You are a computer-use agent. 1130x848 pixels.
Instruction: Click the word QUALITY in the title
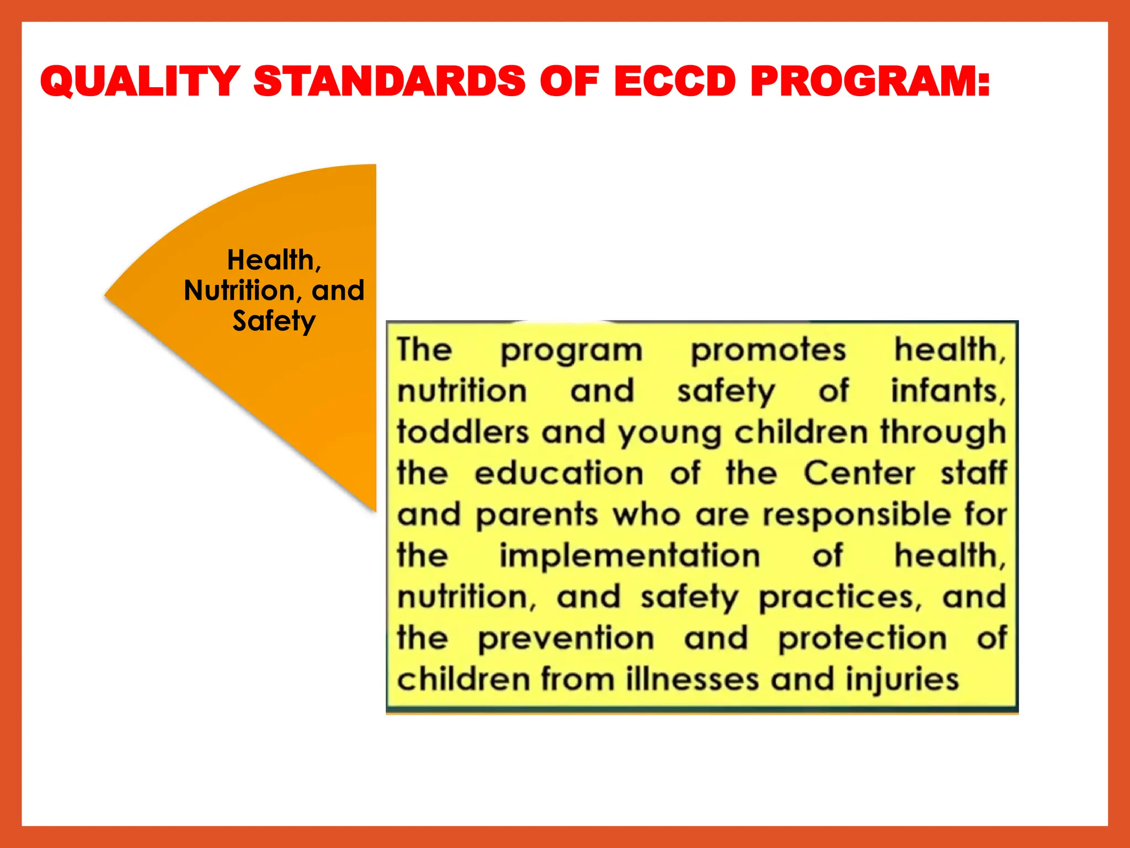click(x=140, y=81)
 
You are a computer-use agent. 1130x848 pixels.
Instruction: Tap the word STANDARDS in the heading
click(x=390, y=81)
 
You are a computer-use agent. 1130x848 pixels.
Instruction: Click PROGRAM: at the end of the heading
click(x=870, y=81)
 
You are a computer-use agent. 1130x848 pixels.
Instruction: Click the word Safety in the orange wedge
click(x=274, y=321)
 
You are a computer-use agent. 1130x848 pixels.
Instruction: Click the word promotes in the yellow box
click(x=768, y=351)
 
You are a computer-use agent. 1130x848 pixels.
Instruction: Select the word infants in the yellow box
click(x=948, y=391)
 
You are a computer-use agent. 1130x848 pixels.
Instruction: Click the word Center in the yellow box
click(x=859, y=473)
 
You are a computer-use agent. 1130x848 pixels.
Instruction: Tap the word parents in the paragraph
click(x=537, y=515)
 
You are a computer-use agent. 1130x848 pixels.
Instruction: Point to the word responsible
click(x=857, y=515)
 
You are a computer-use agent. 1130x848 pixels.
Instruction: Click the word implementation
click(x=630, y=555)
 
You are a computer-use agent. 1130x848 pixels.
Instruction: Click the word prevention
click(x=566, y=639)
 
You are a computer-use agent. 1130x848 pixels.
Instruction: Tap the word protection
click(x=862, y=639)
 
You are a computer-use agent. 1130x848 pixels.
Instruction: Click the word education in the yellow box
click(x=559, y=473)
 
